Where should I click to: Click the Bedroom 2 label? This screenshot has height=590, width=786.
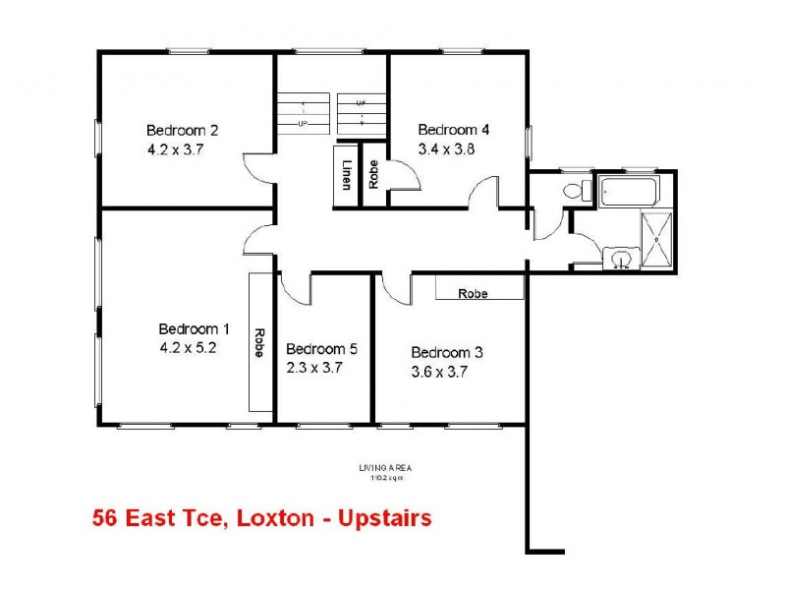182,130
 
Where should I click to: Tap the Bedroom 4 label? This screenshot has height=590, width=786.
453,130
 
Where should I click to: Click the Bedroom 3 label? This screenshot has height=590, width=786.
446,353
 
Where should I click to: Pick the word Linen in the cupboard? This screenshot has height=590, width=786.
348,176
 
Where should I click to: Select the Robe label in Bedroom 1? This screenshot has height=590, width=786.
259,342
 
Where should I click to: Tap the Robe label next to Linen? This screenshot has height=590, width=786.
373,176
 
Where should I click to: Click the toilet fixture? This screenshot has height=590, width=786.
574,190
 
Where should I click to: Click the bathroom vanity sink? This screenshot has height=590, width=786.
619,259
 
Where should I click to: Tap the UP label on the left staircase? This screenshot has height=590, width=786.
303,124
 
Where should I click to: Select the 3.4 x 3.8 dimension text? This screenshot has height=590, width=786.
439,149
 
